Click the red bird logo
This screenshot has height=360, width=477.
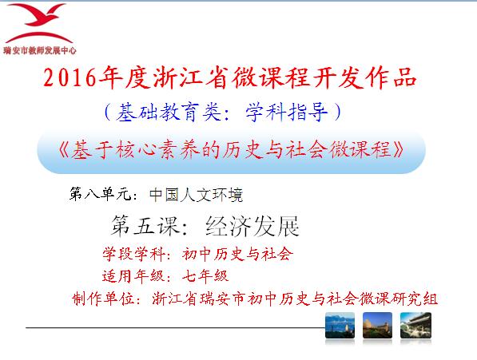click(x=39, y=24)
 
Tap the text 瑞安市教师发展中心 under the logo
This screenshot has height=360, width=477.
click(x=40, y=50)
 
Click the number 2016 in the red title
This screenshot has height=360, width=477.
click(x=70, y=77)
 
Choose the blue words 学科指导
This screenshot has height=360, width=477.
click(x=287, y=112)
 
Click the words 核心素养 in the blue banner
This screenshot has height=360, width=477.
click(x=157, y=149)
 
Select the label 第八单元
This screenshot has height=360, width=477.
click(x=101, y=194)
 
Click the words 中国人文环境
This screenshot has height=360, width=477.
click(x=197, y=195)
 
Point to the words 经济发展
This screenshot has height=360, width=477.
click(x=252, y=226)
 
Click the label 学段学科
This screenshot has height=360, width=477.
click(x=133, y=254)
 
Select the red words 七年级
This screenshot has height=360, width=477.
click(x=205, y=276)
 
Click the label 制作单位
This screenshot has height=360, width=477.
click(x=103, y=299)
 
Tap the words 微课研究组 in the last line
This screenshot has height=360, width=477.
click(x=398, y=299)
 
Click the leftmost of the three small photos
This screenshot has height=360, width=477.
click(x=340, y=326)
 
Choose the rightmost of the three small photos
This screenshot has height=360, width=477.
click(x=415, y=326)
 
